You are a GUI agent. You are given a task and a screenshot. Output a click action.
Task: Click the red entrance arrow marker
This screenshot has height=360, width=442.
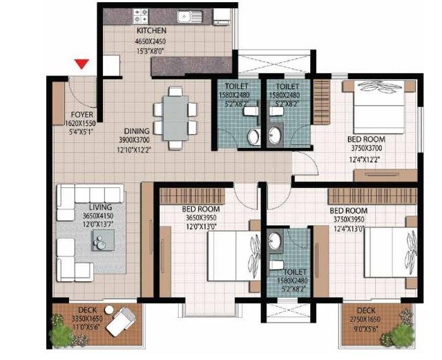point(82,64)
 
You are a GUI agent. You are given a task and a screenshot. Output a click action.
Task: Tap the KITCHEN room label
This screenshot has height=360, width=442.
point(151,32)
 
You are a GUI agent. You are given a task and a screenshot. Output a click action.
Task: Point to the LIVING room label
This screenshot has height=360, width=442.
point(100,207)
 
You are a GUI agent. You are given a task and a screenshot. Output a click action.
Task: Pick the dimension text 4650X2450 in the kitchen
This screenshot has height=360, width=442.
point(151,41)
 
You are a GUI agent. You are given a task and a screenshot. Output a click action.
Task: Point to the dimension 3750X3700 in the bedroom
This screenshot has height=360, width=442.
point(365,149)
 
